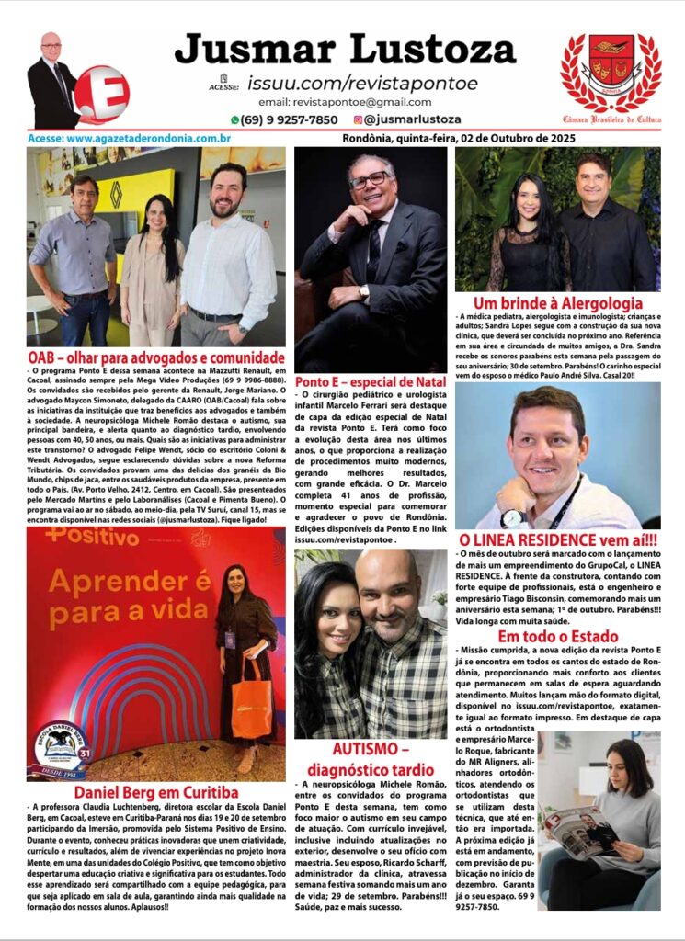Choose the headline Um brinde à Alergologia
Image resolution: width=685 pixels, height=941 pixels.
pyautogui.click(x=557, y=303)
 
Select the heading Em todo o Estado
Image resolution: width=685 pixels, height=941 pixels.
pyautogui.click(x=557, y=637)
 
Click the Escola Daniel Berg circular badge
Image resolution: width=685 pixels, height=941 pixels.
pyautogui.click(x=61, y=749)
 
